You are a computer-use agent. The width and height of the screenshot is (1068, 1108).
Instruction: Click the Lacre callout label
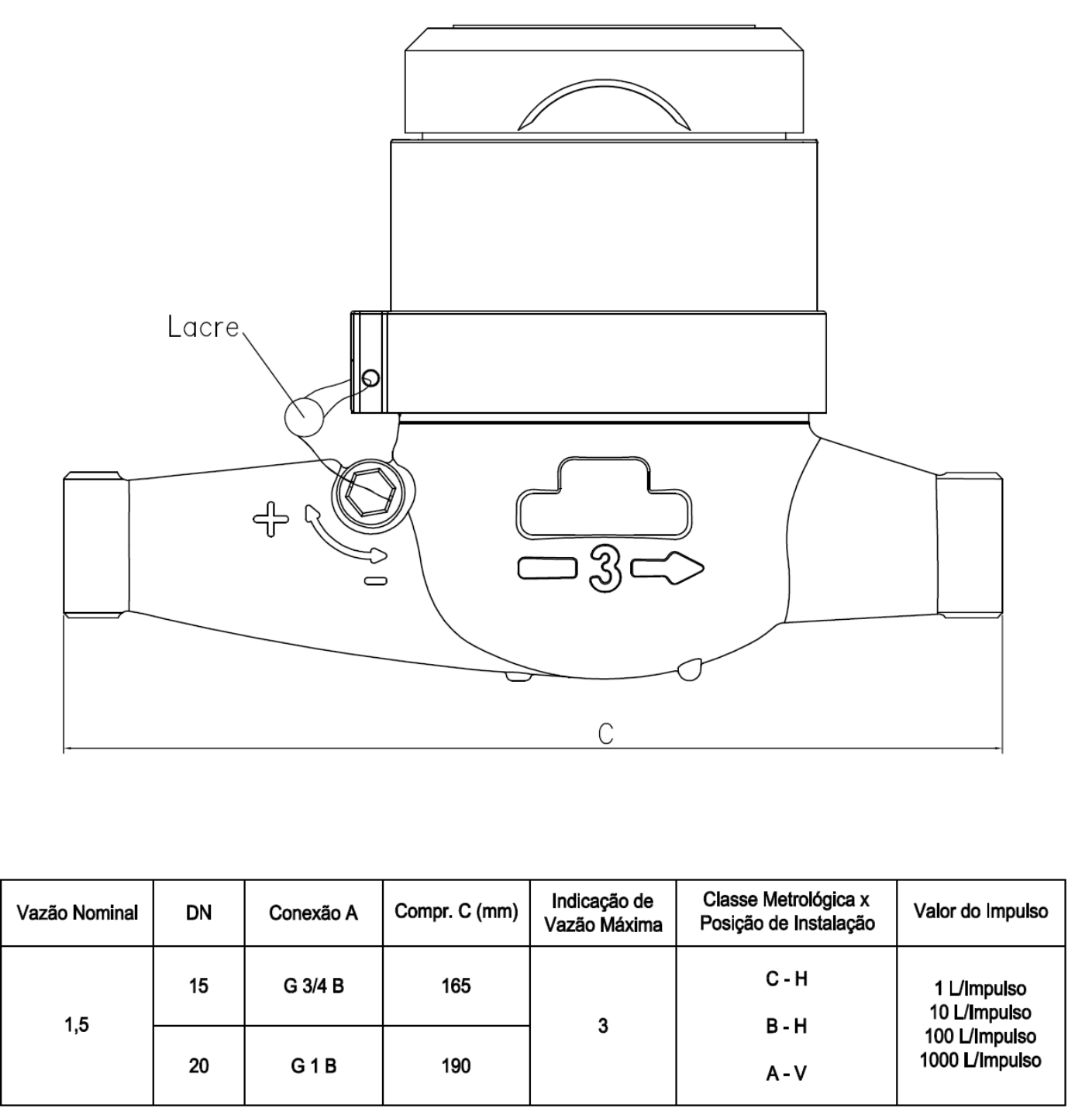pos(203,327)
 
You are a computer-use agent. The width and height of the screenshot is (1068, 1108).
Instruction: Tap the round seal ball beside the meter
pos(304,416)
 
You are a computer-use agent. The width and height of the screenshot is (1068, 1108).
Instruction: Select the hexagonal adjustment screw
pos(371,493)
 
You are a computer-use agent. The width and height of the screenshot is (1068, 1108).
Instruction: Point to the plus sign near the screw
pos(271,518)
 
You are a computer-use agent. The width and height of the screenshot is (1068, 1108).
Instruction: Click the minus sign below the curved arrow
pos(375,581)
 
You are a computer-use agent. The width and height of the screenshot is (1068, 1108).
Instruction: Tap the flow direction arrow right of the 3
pos(667,568)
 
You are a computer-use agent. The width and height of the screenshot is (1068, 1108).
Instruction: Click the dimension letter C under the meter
pos(605,734)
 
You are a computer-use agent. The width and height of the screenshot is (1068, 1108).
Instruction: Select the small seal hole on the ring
pos(370,377)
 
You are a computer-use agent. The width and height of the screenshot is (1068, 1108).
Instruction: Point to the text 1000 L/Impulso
pos(980,1060)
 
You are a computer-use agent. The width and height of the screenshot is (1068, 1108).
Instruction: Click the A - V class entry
pos(786,1072)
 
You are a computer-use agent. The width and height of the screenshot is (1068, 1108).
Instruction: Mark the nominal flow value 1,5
pos(76,1025)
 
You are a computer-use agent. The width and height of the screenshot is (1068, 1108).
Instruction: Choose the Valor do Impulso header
pos(980,911)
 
